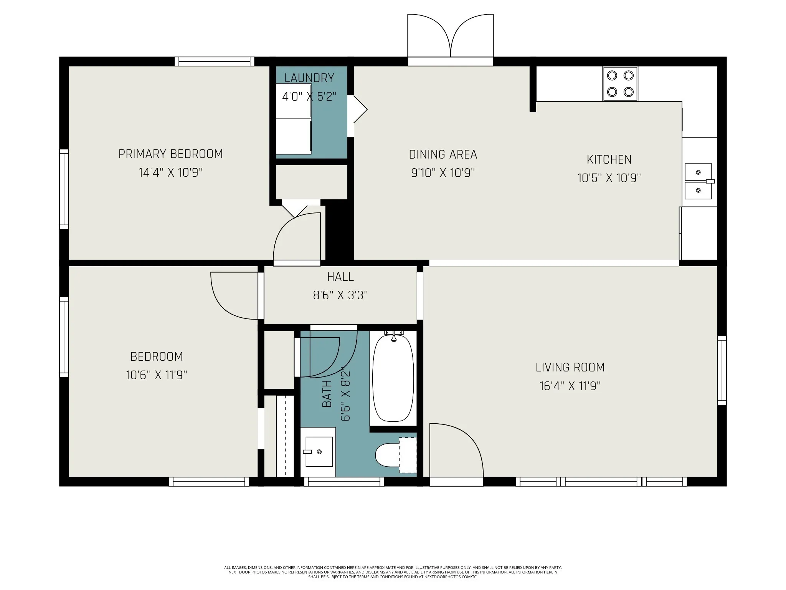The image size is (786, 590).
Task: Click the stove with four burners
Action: (620, 84)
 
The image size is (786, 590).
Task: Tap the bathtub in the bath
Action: (393, 378)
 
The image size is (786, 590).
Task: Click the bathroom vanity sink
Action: (318, 452)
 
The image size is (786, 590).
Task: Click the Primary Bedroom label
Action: (170, 154)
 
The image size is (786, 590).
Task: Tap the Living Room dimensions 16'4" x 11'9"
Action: (570, 386)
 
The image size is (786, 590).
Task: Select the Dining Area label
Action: (443, 154)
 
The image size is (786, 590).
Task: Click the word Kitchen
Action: (609, 159)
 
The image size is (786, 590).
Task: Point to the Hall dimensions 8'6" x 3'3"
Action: (340, 295)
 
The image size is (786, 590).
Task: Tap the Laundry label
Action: (309, 78)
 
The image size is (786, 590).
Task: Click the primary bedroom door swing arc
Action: (297, 237)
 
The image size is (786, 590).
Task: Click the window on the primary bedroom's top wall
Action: (215, 61)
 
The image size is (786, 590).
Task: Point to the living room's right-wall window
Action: (722, 370)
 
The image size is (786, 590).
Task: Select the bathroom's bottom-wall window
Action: (344, 482)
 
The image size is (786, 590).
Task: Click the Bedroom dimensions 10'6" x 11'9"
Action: (157, 375)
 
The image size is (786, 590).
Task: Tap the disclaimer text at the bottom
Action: (393, 572)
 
